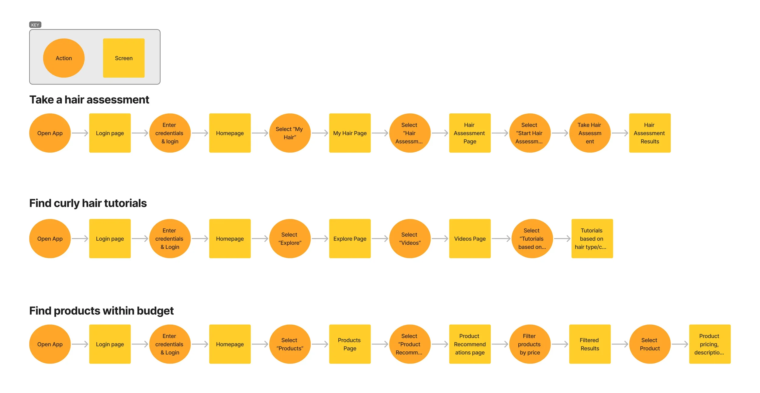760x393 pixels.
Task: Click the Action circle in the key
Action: coord(64,58)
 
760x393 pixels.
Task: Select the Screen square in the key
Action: coord(123,58)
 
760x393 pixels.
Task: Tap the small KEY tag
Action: coord(35,25)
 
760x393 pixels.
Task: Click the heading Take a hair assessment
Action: coord(89,100)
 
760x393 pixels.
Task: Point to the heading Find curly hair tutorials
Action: coord(88,203)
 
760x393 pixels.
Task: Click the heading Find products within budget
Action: coord(101,311)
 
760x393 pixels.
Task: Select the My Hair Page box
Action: coord(350,133)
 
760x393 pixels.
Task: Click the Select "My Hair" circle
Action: coord(290,133)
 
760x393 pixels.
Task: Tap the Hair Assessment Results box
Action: coord(650,133)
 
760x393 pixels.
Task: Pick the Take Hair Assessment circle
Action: coord(589,133)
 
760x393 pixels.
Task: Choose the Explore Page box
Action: coord(350,239)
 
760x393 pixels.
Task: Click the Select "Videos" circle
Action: coord(409,239)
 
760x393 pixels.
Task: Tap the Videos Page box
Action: coord(470,239)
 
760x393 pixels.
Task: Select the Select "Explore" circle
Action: coord(290,239)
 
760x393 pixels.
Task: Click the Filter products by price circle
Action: coord(530,344)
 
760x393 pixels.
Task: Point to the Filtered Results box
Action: coord(589,344)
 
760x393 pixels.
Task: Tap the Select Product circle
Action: coord(650,344)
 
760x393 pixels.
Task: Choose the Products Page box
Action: coord(350,344)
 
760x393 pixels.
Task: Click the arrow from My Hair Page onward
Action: coord(380,133)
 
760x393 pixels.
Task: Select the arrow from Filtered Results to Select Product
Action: coord(620,344)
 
